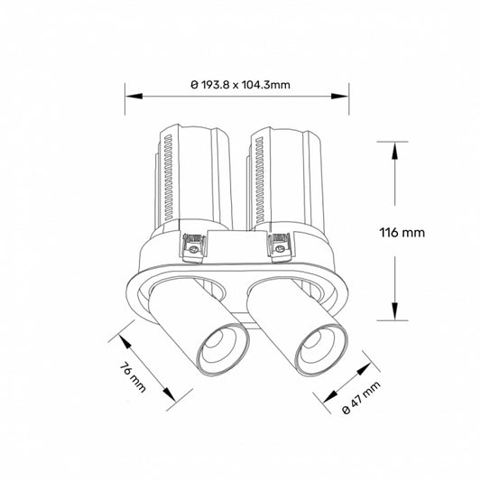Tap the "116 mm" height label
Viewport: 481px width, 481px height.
tap(402, 232)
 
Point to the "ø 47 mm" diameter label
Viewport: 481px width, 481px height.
tap(362, 398)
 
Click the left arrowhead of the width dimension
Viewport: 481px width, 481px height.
tap(130, 94)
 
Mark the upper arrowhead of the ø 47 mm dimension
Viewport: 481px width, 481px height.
tap(365, 370)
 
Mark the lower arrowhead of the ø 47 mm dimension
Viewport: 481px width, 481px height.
tap(330, 403)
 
